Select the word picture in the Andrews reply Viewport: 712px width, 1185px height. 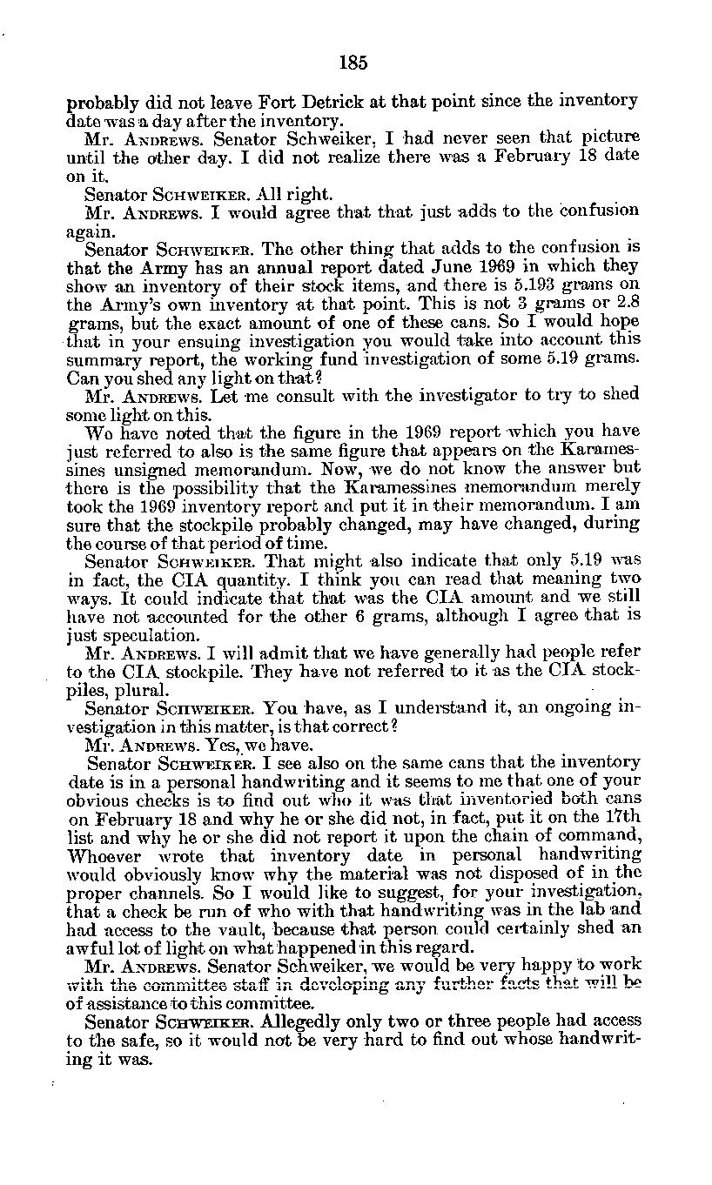[610, 137]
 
